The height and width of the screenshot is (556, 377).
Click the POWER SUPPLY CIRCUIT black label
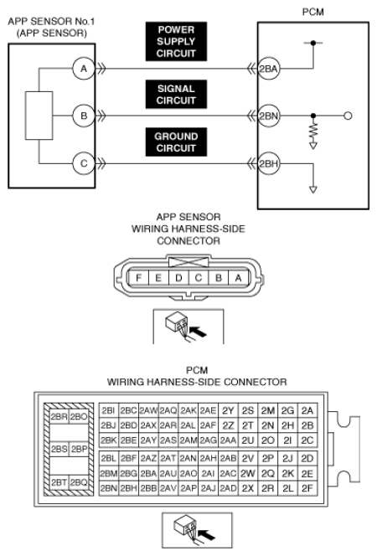point(176,42)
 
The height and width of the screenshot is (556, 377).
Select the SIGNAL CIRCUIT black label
point(176,95)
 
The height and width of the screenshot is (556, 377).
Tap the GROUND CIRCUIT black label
point(176,142)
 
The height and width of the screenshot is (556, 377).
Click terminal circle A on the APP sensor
point(84,69)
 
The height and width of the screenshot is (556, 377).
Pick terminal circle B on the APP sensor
point(84,116)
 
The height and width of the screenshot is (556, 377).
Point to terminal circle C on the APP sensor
point(84,163)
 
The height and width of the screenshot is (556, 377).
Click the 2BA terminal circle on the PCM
point(268,69)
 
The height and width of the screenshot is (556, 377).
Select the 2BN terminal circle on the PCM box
point(268,116)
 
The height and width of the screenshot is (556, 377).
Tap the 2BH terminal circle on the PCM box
point(268,163)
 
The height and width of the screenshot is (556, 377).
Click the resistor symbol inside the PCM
point(313,131)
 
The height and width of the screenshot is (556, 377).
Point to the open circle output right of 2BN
point(348,116)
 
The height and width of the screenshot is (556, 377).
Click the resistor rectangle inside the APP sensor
point(39,116)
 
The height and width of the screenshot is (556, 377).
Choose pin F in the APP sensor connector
point(138,278)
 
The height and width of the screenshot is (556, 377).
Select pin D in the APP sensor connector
point(178,278)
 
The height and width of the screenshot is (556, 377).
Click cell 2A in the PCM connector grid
point(307,410)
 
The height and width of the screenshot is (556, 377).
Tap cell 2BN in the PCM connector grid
point(109,488)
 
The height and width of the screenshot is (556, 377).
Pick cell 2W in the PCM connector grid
point(247,473)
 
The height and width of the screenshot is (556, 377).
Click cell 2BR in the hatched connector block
point(59,416)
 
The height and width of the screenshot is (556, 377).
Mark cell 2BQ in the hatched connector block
point(79,482)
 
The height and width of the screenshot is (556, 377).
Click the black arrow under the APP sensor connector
point(198,332)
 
